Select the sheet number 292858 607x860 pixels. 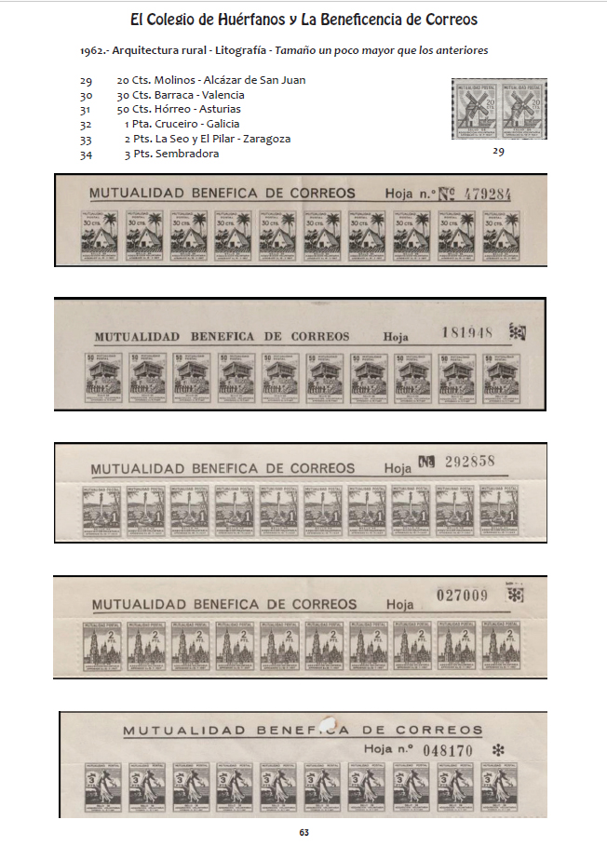[471, 462]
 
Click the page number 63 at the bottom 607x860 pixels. [303, 832]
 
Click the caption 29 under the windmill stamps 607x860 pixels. [498, 152]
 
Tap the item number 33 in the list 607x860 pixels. [86, 139]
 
